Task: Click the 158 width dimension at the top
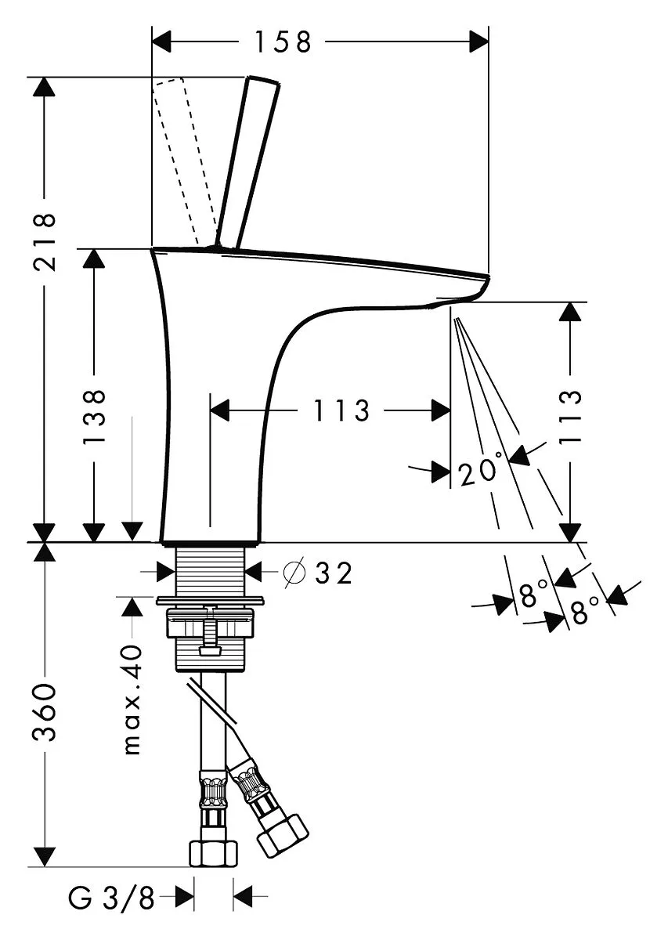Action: tap(283, 42)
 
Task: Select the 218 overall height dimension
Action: tap(45, 242)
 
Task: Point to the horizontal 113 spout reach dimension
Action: tap(342, 410)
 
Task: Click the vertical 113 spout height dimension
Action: tap(571, 416)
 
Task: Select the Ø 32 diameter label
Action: tap(318, 573)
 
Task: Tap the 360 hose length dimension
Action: tap(45, 713)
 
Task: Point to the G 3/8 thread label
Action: tap(112, 897)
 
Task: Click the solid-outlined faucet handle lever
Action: tap(247, 161)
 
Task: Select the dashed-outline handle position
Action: tap(186, 161)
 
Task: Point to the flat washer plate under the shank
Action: tap(210, 601)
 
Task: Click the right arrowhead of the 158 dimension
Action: tap(479, 42)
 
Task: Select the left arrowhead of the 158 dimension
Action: tap(161, 42)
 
